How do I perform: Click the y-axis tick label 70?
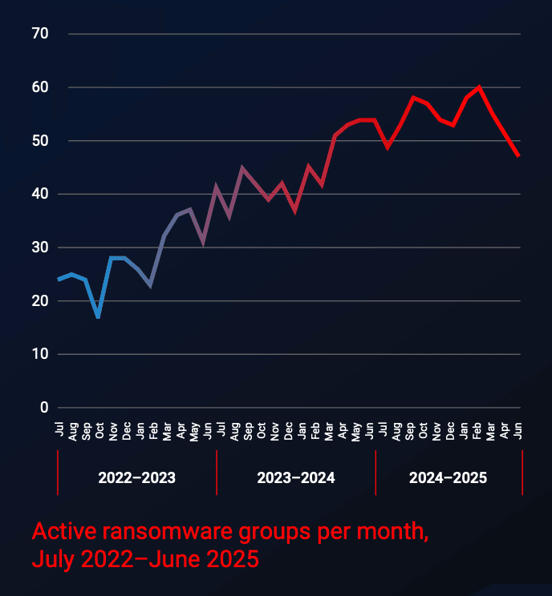(40, 34)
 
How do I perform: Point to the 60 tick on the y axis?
(40, 87)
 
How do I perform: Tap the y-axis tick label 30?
(40, 248)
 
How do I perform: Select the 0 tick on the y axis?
(45, 408)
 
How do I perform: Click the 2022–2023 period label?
(136, 478)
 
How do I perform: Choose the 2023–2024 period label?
(296, 478)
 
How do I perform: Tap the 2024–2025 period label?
(448, 478)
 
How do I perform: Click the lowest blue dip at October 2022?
(98, 317)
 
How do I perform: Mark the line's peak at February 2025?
(479, 87)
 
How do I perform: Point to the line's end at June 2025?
(519, 156)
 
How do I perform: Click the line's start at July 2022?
(59, 280)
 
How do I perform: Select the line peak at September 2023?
(242, 167)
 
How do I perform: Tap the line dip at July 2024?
(387, 147)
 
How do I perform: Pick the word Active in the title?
(57, 533)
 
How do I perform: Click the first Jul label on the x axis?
(59, 430)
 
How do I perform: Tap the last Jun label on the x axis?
(519, 430)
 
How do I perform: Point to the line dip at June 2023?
(203, 243)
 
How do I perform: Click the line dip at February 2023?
(150, 285)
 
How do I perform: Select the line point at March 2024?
(335, 135)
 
